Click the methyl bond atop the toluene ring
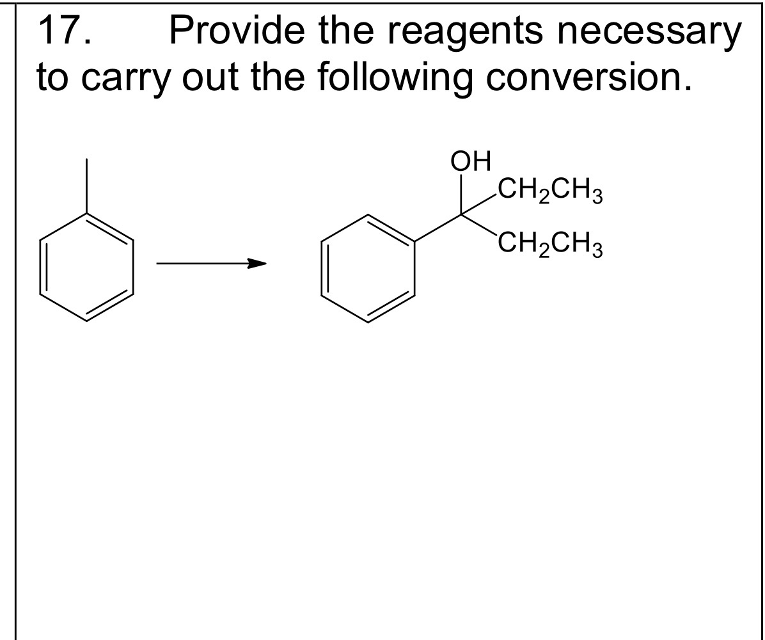(x=88, y=186)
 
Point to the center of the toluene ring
(x=88, y=267)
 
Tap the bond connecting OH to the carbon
(x=462, y=195)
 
